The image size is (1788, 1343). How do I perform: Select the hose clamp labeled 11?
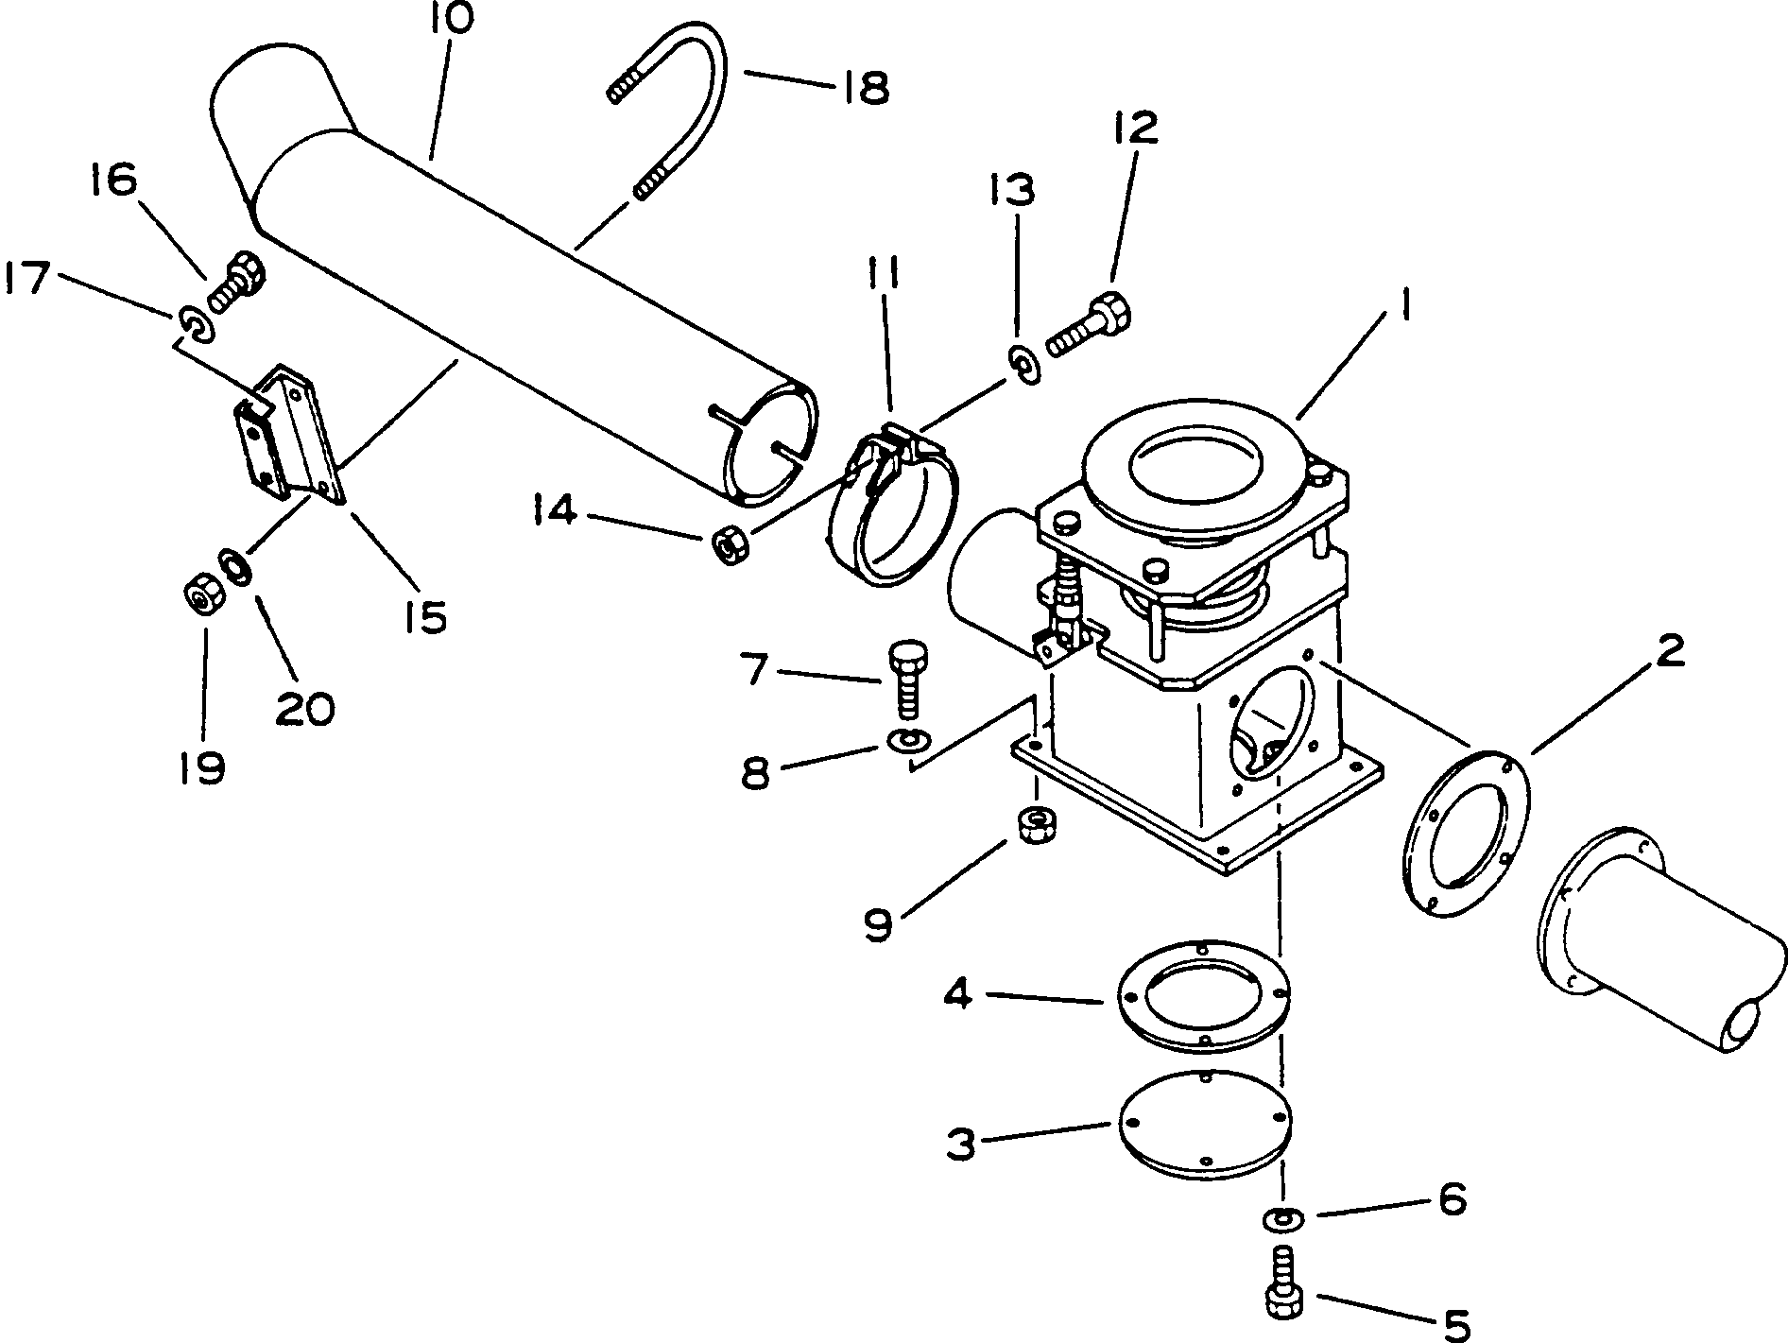pyautogui.click(x=892, y=510)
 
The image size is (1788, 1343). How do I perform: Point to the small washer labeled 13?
pyautogui.click(x=1023, y=365)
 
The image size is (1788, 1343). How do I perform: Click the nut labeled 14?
pyautogui.click(x=729, y=545)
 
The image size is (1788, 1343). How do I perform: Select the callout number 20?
pyautogui.click(x=305, y=707)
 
